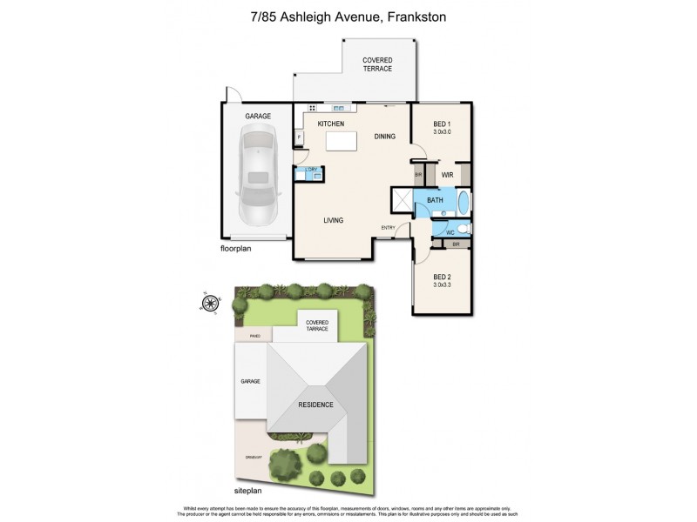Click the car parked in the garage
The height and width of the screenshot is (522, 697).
256,174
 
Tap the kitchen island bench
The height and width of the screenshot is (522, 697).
342,142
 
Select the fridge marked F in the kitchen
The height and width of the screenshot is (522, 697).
299,137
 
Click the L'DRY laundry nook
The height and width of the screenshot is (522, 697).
308,173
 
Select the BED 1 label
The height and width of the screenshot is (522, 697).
442,124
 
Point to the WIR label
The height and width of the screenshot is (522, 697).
447,175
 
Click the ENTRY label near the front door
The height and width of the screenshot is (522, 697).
388,228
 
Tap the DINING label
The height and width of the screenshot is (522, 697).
384,137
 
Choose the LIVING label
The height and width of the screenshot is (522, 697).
333,220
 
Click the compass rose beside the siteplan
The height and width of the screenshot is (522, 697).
209,303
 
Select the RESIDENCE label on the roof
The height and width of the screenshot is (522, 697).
316,404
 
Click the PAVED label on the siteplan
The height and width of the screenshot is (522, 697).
255,333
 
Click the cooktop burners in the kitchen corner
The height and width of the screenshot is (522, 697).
311,109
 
